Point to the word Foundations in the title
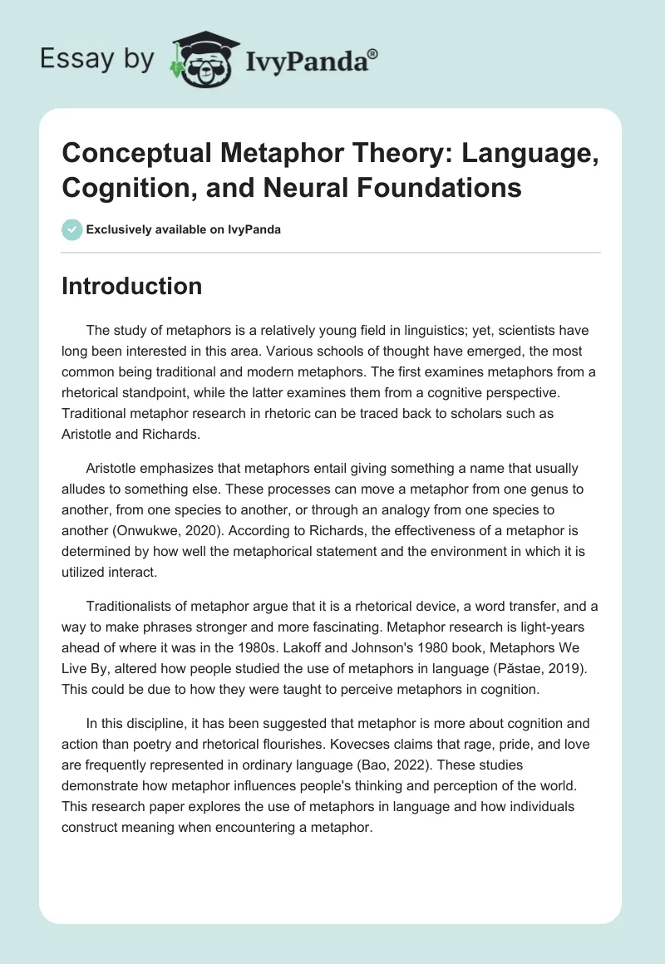point(451,187)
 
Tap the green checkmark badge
point(71,229)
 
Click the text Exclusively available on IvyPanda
point(183,229)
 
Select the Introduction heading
point(132,286)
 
